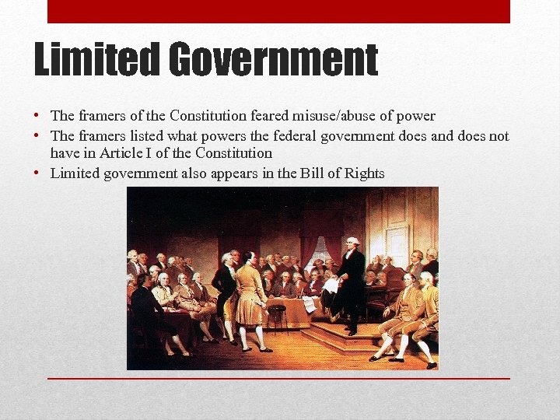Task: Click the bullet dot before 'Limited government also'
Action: tap(37, 173)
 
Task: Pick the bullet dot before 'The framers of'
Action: tap(37, 116)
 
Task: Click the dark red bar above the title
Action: tap(278, 11)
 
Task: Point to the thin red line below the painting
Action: tap(278, 378)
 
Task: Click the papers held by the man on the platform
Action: tap(331, 286)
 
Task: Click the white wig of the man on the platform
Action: tap(353, 242)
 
